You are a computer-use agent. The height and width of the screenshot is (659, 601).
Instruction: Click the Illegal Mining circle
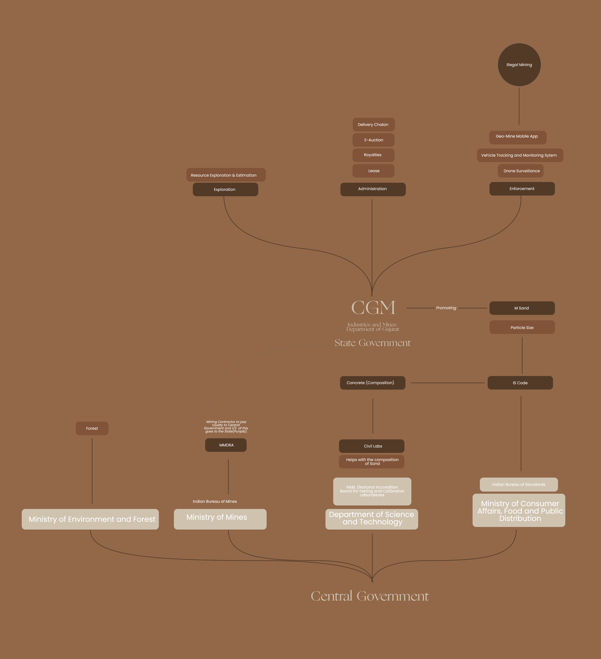click(519, 65)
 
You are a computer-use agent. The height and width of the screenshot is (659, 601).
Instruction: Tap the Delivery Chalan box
click(373, 125)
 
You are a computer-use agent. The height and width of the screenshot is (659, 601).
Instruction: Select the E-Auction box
click(373, 140)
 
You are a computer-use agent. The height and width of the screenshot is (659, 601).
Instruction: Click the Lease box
click(373, 171)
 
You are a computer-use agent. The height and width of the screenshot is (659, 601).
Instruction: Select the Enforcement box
click(522, 189)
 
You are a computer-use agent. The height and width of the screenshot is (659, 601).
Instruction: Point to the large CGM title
click(373, 308)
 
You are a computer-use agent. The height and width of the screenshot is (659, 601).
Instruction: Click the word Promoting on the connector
click(446, 308)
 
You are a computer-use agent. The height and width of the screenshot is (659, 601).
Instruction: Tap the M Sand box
click(522, 308)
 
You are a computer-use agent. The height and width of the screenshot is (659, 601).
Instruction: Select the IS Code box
click(520, 383)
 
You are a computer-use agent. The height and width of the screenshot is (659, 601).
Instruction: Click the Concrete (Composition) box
click(372, 383)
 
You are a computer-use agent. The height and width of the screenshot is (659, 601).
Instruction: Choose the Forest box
click(92, 428)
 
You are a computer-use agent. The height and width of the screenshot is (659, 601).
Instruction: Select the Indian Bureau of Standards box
click(518, 484)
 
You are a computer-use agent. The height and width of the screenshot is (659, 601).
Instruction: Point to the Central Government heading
click(370, 596)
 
